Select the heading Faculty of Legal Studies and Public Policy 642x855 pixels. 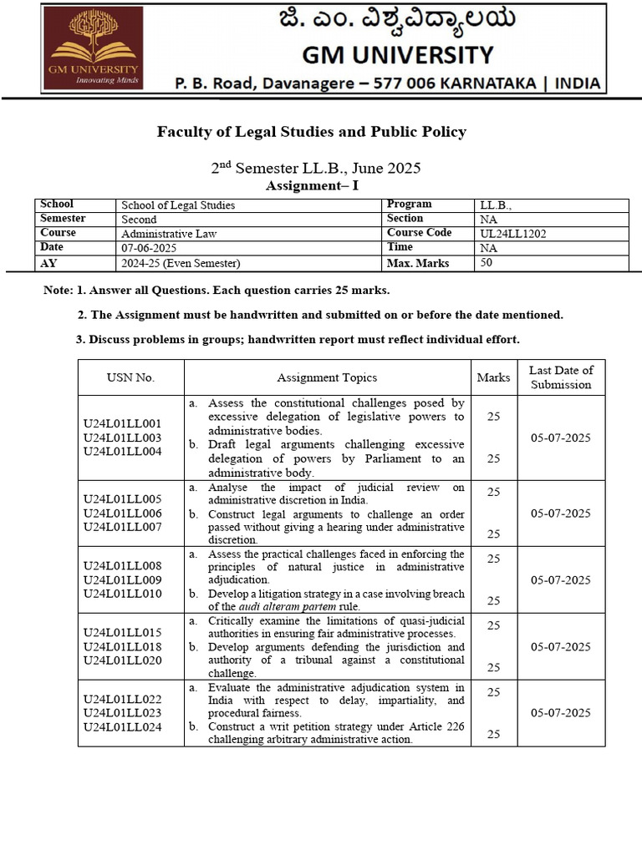(x=312, y=132)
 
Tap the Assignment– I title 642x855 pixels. (x=311, y=185)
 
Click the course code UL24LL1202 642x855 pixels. (x=513, y=234)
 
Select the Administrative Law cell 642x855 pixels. (x=164, y=234)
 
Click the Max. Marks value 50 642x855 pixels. (x=487, y=262)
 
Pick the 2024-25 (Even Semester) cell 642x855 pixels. (x=180, y=263)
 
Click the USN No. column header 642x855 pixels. (x=130, y=377)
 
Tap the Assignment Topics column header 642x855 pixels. (x=327, y=377)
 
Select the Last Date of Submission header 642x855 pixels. (x=560, y=377)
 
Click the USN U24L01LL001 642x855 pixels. (x=121, y=423)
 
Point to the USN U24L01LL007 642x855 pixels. (x=121, y=527)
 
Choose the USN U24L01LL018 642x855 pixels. (x=121, y=646)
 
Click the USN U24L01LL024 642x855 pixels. (x=121, y=727)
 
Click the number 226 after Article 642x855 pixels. (x=452, y=726)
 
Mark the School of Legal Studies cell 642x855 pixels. (x=178, y=205)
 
